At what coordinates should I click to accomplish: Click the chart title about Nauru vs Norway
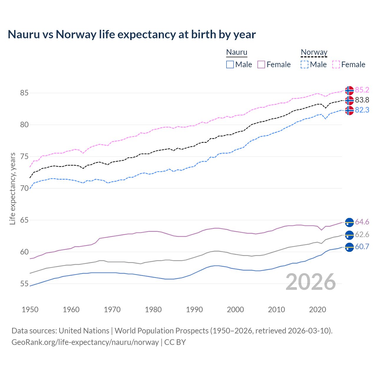132,34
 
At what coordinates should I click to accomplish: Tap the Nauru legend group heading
237,52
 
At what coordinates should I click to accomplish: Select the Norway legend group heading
314,52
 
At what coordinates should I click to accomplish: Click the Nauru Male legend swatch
230,65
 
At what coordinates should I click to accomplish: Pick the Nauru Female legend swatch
261,65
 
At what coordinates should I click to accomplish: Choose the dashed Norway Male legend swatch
305,65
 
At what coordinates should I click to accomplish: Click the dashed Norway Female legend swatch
336,65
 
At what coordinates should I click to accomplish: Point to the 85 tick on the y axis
24,93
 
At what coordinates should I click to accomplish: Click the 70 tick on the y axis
24,188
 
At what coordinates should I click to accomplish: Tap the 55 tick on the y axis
24,284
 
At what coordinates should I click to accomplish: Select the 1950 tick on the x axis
30,310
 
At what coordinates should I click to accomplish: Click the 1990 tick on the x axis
194,310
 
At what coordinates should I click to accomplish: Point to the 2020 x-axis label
318,310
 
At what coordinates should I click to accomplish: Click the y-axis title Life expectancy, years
12,188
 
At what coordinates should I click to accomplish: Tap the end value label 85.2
362,90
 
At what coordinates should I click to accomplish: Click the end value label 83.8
362,100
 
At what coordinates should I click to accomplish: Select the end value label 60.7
362,247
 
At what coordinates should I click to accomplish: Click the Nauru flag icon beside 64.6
349,222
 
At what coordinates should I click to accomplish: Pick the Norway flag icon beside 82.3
349,110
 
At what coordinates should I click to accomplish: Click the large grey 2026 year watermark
311,282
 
